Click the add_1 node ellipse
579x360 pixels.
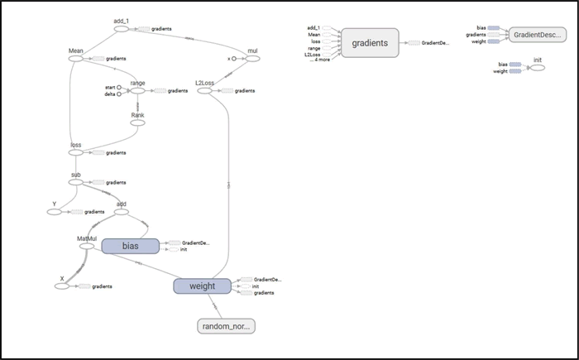121,29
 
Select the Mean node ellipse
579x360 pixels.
77,59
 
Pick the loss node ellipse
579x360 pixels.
76,153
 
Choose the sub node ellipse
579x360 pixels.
76,182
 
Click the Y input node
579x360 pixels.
55,212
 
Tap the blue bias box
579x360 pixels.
130,246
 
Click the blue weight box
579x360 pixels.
202,286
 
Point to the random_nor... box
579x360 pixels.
227,326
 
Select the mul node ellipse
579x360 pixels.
252,60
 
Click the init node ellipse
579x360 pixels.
537,68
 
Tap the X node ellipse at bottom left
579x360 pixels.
60,286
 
